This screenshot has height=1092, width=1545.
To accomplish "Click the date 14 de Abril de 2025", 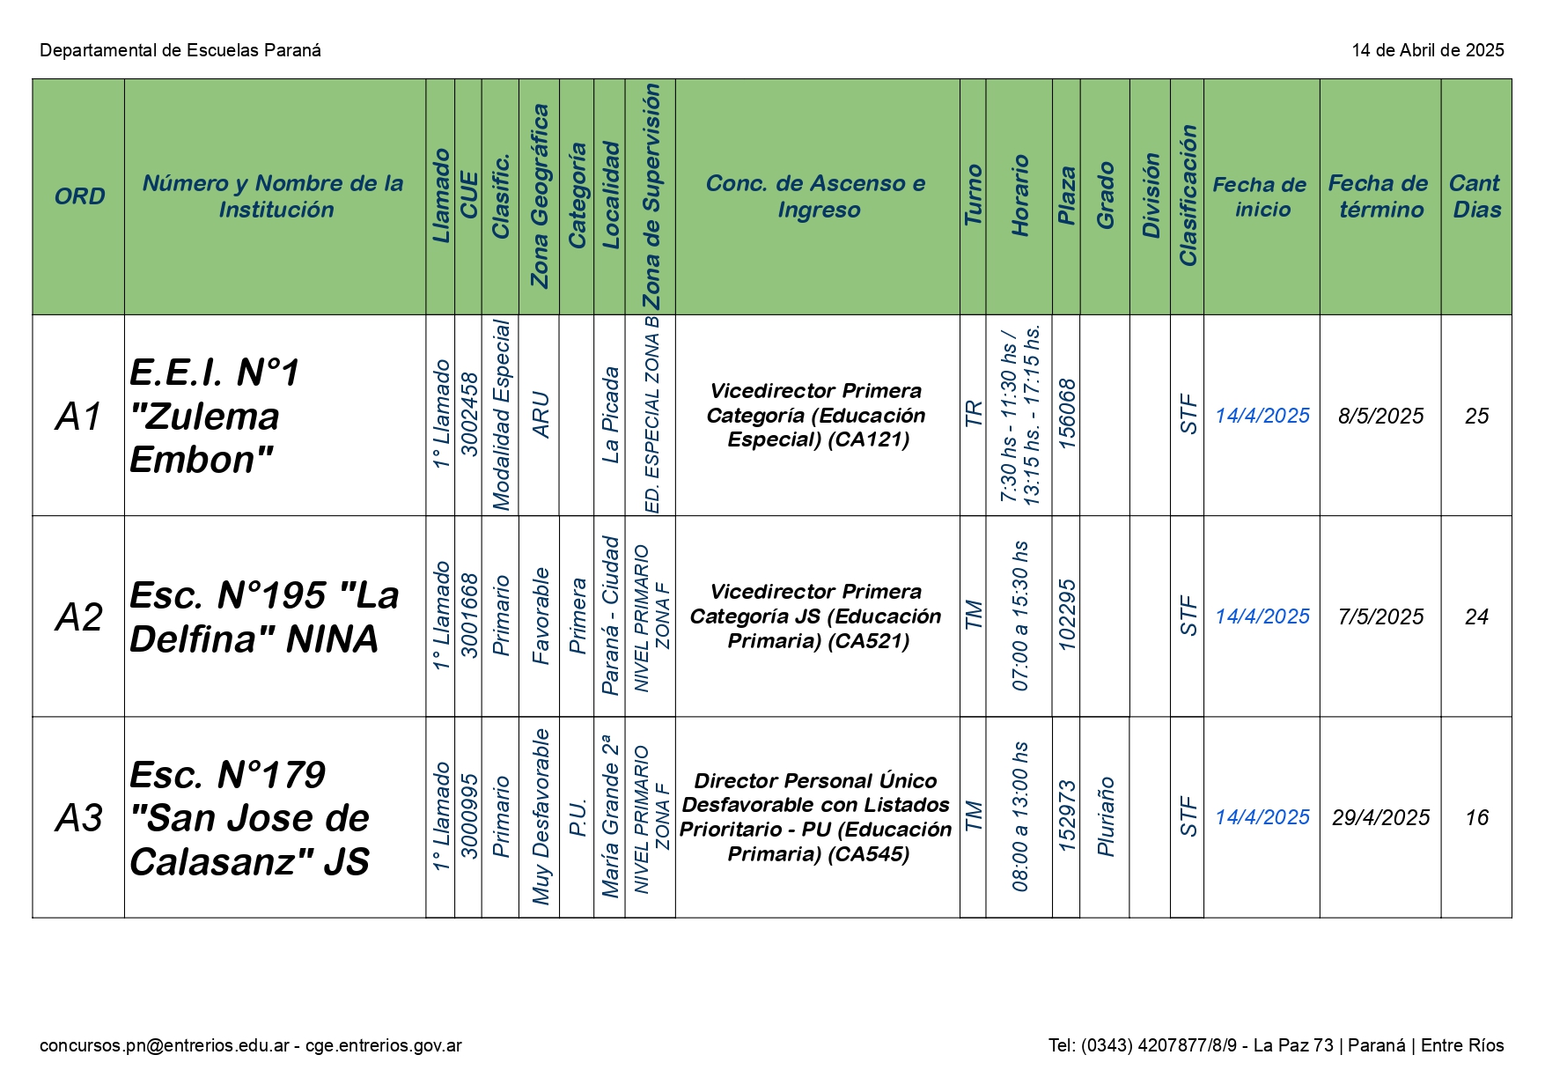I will (x=1427, y=50).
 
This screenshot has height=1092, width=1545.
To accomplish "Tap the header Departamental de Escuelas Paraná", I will (x=180, y=50).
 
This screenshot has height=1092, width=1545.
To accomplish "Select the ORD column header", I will (x=79, y=196).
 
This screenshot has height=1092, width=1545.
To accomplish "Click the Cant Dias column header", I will (x=1475, y=196).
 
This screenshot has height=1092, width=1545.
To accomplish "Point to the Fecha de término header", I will (x=1379, y=196).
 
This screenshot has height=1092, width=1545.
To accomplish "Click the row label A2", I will (x=79, y=616).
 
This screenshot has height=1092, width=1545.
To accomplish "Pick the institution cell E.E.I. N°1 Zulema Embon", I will (x=216, y=416).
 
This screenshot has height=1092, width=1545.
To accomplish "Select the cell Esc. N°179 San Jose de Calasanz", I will (x=249, y=818).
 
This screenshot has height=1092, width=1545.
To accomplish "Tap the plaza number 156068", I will (x=1067, y=414).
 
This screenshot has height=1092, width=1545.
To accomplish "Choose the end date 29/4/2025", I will (x=1380, y=818).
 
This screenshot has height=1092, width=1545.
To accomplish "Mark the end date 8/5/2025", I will (x=1380, y=416).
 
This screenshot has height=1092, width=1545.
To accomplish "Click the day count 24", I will (x=1476, y=616).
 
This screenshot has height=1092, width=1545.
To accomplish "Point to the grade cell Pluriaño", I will (x=1106, y=816).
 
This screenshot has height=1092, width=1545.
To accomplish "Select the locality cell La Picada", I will (x=610, y=415).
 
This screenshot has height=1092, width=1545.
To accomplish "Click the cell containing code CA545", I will (x=818, y=817).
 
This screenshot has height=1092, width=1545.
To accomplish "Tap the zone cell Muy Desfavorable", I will (x=541, y=816).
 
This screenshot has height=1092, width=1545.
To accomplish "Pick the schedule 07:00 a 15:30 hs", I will (x=1020, y=616).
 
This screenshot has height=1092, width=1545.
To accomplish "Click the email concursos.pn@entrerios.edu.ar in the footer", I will (x=165, y=1045).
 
